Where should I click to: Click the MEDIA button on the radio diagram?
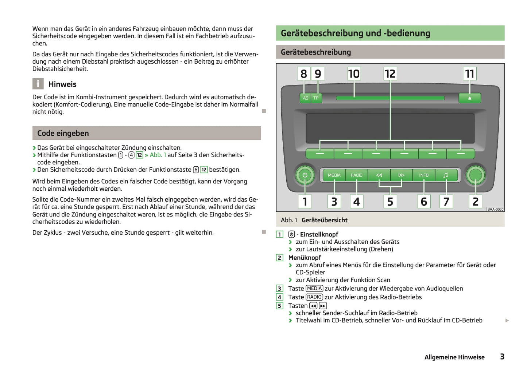[x=334, y=175]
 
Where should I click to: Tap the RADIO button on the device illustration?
[x=356, y=175]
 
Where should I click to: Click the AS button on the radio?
[x=305, y=98]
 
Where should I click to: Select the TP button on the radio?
[x=316, y=98]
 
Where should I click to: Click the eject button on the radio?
[x=469, y=98]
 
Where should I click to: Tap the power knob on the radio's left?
[x=305, y=175]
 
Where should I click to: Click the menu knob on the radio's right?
[x=475, y=175]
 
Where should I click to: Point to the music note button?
[x=446, y=175]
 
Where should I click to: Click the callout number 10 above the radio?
[x=353, y=74]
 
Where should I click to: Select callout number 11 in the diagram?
[x=469, y=74]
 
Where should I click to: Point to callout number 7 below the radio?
[x=446, y=202]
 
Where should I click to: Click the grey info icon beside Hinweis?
[x=38, y=84]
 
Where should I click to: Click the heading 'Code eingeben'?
[x=63, y=133]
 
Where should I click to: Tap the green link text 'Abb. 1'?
[x=158, y=155]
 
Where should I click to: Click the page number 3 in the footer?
[x=502, y=357]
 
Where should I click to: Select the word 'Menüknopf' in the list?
[x=305, y=258]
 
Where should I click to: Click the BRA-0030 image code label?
[x=495, y=209]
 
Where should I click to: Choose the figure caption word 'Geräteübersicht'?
[x=324, y=220]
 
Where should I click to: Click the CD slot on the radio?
[x=390, y=98]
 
